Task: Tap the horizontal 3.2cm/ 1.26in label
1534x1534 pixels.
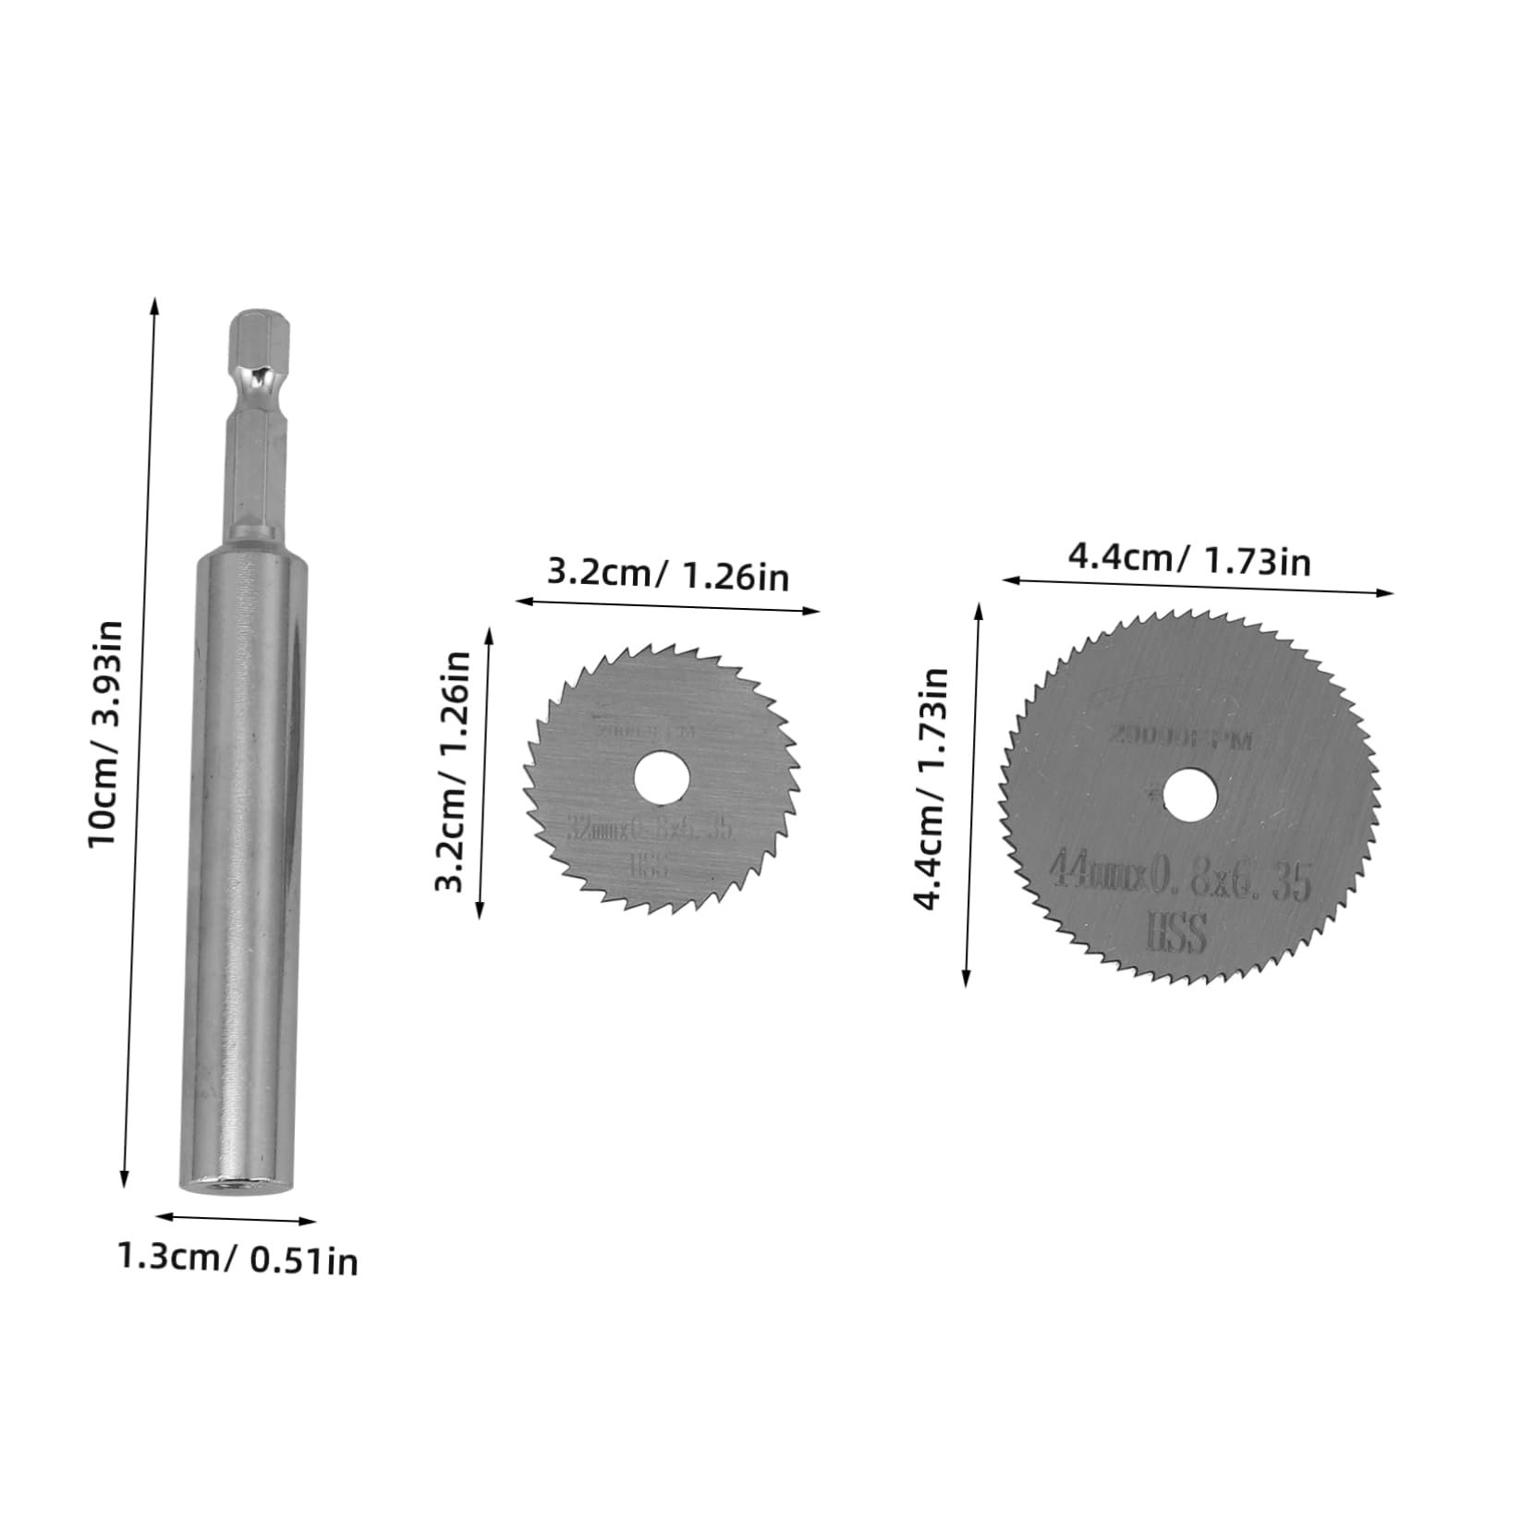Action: tap(668, 574)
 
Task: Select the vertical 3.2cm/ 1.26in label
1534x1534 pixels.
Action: tap(453, 771)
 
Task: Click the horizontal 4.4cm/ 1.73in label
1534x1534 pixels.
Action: tap(1189, 559)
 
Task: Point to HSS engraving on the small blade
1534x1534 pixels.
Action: tap(650, 866)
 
